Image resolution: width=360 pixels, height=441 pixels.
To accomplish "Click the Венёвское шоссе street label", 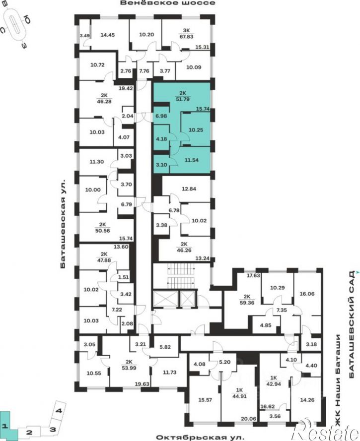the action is tap(167, 3).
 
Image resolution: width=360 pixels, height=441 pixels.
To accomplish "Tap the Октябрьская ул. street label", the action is tap(200, 438).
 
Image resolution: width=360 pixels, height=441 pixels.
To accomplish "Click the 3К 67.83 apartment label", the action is tap(186, 33).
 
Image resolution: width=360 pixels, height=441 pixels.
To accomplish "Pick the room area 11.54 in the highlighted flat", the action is tap(191, 160).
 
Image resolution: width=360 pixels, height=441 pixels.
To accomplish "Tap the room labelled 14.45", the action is tap(108, 35).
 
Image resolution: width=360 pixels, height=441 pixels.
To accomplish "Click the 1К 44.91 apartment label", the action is tap(239, 393).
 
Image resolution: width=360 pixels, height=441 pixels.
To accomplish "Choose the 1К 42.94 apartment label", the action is tap(274, 381).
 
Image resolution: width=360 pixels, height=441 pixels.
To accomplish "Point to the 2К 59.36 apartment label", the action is tap(247, 300).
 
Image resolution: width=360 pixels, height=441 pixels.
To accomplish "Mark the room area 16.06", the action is tap(307, 294).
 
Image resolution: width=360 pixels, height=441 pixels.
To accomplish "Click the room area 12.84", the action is tap(189, 189).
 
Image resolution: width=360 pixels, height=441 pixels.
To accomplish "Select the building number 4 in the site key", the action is tap(59, 411).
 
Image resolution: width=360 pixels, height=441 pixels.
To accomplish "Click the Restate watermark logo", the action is tap(326, 430).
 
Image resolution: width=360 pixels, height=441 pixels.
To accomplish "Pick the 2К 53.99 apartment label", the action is tap(129, 365).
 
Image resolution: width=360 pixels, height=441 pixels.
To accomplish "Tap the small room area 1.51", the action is tap(123, 277).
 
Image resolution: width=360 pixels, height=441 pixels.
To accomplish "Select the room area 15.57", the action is tap(205, 400).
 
